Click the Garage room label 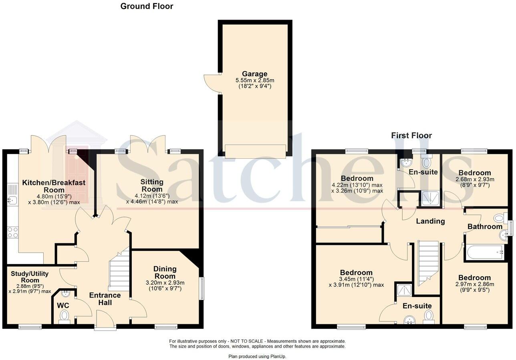254,74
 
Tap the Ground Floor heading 147,6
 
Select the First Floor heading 411,136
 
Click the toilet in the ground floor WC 64,317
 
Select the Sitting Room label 152,186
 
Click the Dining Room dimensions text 165,285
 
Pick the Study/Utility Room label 30,277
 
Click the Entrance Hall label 105,299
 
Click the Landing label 430,221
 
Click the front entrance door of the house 105,322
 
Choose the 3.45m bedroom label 356,273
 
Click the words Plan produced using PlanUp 257,356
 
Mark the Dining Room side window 202,289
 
